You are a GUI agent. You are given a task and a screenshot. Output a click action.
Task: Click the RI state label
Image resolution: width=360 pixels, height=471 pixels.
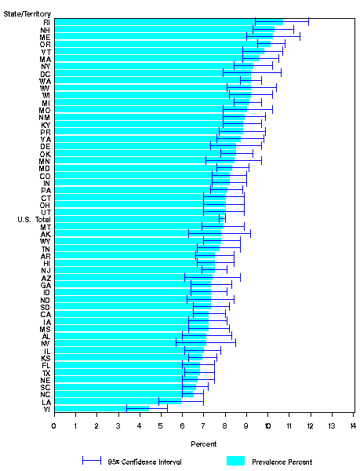pos(47,22)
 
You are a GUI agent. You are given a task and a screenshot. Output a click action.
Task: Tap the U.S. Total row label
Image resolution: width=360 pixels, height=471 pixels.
pos(33,219)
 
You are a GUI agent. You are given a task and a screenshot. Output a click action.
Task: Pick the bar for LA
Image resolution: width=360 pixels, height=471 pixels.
pos(118,401)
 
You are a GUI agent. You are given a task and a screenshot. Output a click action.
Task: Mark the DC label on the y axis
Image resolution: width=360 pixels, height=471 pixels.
pos(46,74)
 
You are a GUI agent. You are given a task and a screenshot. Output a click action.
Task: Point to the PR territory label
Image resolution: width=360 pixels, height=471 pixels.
pos(46,132)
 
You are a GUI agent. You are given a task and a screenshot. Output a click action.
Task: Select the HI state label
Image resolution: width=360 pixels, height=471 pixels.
pos(47,263)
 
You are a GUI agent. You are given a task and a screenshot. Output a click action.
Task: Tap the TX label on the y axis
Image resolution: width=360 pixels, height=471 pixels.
pos(47,372)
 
